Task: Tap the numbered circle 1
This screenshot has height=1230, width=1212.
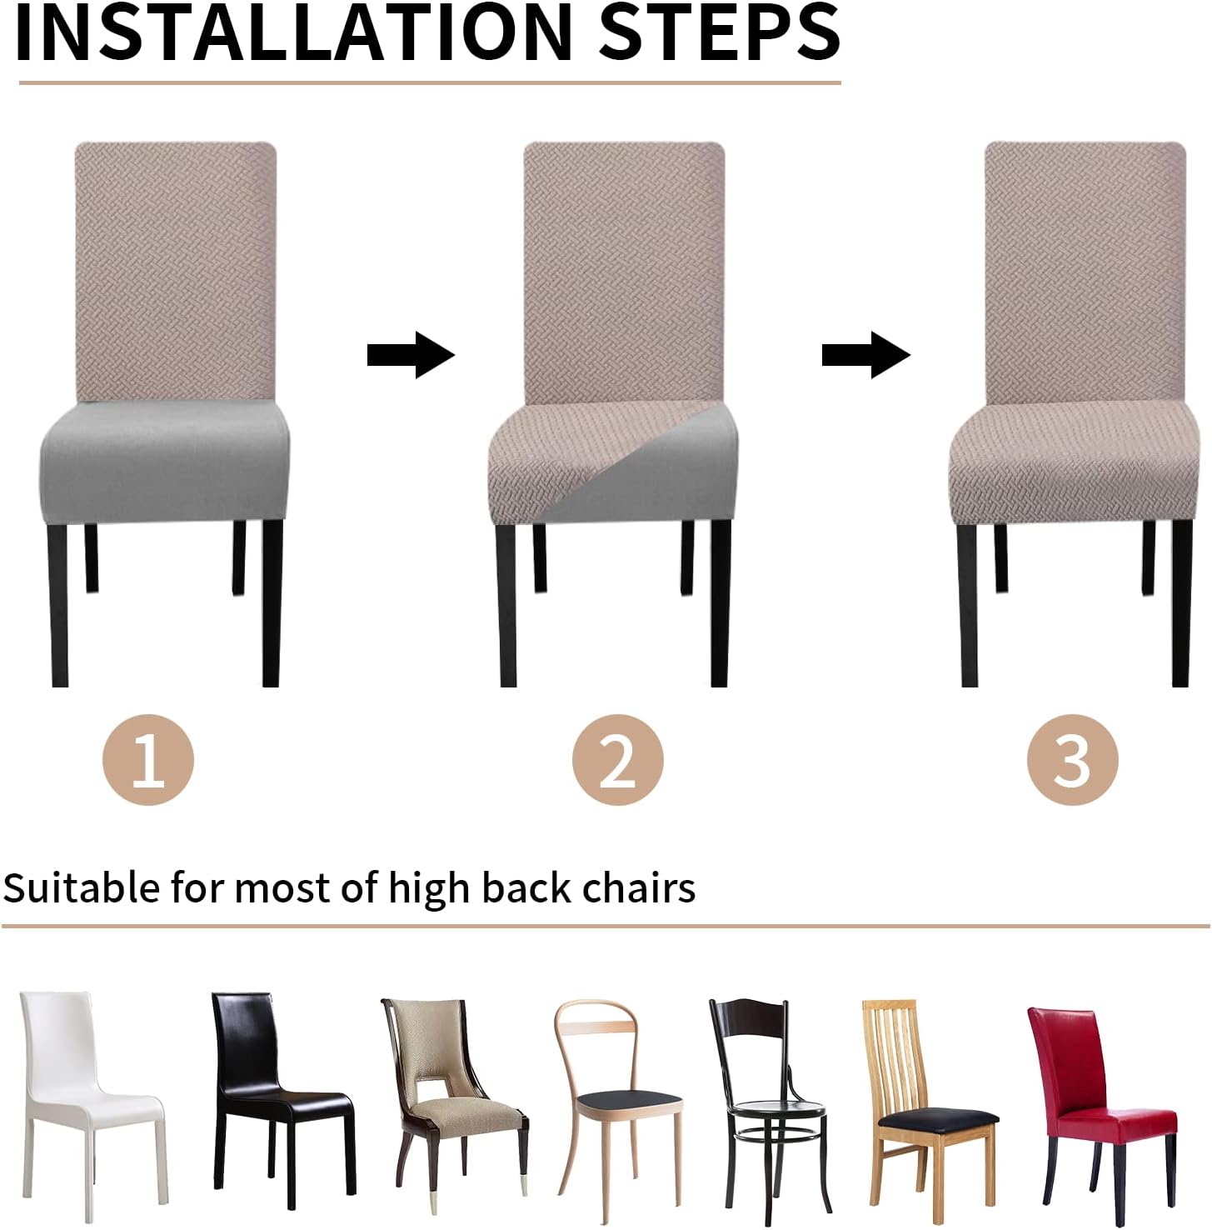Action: click(148, 759)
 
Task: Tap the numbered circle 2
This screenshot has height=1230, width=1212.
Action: click(617, 759)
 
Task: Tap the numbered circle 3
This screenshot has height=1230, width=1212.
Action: click(1072, 759)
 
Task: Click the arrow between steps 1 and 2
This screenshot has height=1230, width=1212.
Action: click(411, 355)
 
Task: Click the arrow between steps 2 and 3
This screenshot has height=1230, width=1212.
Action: click(866, 355)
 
